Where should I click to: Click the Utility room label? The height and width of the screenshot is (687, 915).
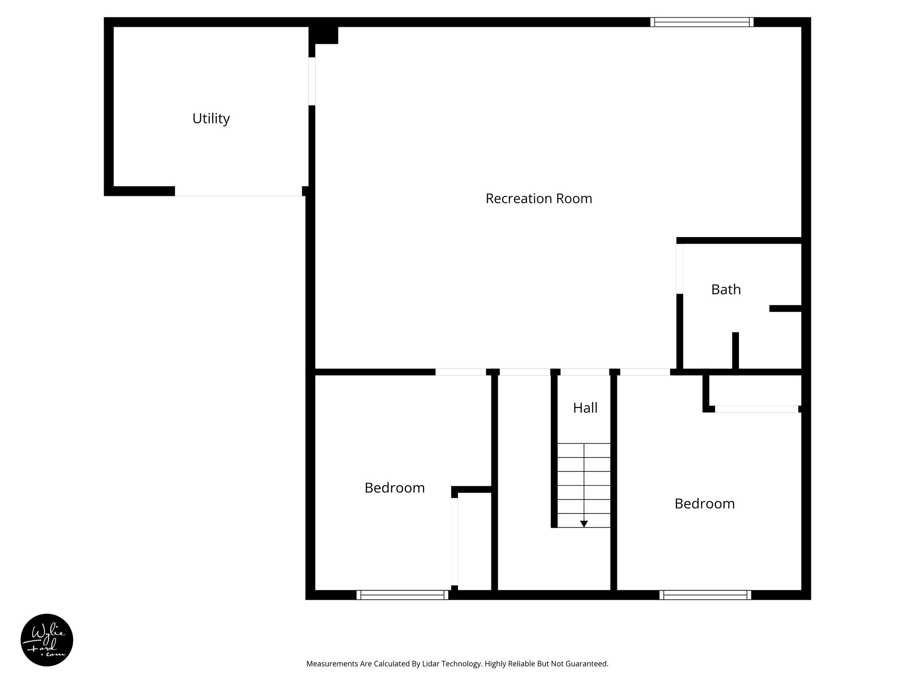click(211, 119)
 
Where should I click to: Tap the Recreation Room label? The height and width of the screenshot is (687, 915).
click(539, 199)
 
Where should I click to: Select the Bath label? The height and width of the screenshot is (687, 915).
click(726, 290)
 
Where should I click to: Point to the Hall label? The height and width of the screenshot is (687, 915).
click(585, 408)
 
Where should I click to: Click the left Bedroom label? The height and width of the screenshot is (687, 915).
click(395, 488)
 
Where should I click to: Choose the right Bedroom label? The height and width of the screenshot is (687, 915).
click(705, 504)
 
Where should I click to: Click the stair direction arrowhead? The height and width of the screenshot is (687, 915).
click(584, 524)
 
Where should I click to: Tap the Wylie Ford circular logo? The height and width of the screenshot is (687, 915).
click(47, 640)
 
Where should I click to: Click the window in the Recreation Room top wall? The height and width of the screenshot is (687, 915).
click(701, 22)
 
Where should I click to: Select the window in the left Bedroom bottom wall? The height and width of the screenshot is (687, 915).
click(402, 595)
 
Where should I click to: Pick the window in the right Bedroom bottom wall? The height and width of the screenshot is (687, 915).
click(705, 595)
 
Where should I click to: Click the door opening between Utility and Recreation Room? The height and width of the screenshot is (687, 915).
click(312, 81)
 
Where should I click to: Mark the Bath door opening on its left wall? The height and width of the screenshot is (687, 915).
click(680, 268)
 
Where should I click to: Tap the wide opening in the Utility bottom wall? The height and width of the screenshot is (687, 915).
click(238, 191)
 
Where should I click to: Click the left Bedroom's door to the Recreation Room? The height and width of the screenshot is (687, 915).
click(460, 372)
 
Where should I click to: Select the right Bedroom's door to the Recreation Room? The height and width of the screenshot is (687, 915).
click(645, 372)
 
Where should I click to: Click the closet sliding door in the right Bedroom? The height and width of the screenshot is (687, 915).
click(756, 409)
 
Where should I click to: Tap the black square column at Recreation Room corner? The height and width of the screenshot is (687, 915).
click(323, 35)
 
